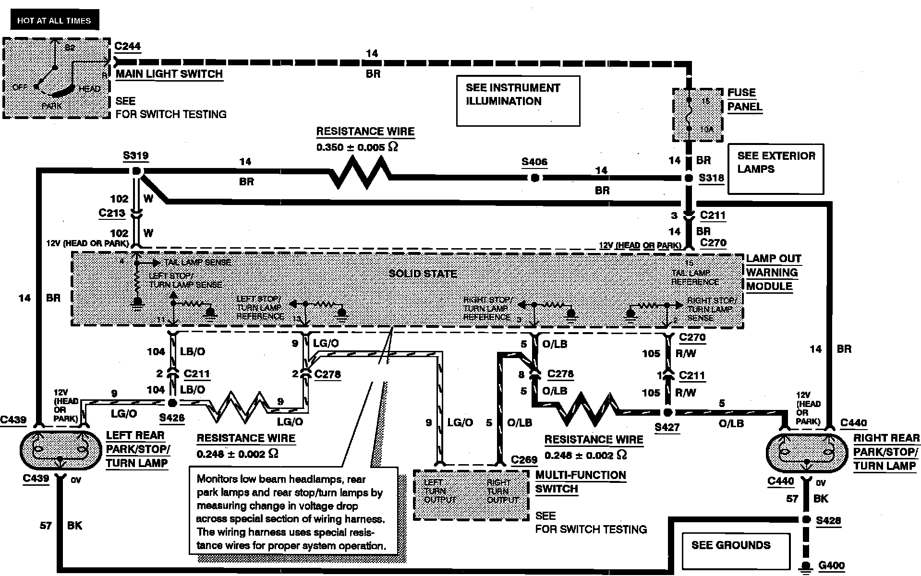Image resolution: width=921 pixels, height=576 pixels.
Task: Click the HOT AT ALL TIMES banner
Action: [x=54, y=21]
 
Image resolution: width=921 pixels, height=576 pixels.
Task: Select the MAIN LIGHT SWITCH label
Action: [x=169, y=74]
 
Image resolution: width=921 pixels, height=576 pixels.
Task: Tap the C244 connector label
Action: [x=127, y=47]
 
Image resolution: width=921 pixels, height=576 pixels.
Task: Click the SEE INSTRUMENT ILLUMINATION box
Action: [x=518, y=101]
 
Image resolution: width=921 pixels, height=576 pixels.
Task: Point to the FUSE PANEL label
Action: [x=744, y=99]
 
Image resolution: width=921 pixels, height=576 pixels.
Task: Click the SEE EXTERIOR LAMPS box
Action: [x=776, y=168]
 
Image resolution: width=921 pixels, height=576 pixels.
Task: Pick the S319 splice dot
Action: [x=136, y=171]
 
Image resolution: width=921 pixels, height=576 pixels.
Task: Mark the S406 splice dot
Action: [x=534, y=178]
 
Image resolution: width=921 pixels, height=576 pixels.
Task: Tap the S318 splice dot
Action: [x=689, y=178]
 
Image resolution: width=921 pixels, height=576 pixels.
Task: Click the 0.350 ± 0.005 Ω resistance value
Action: [x=358, y=147]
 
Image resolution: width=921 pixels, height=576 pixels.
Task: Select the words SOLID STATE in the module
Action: [x=423, y=274]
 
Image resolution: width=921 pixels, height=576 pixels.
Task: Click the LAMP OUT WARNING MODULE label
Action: [x=773, y=272]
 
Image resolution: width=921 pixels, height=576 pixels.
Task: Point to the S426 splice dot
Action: [x=172, y=403]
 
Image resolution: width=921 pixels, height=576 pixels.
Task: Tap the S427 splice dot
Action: [x=667, y=412]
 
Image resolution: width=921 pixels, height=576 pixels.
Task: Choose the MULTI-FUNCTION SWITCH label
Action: [x=580, y=482]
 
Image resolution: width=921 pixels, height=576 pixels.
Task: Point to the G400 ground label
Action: [x=831, y=565]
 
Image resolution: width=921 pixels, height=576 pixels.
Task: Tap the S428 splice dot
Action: [x=806, y=520]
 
